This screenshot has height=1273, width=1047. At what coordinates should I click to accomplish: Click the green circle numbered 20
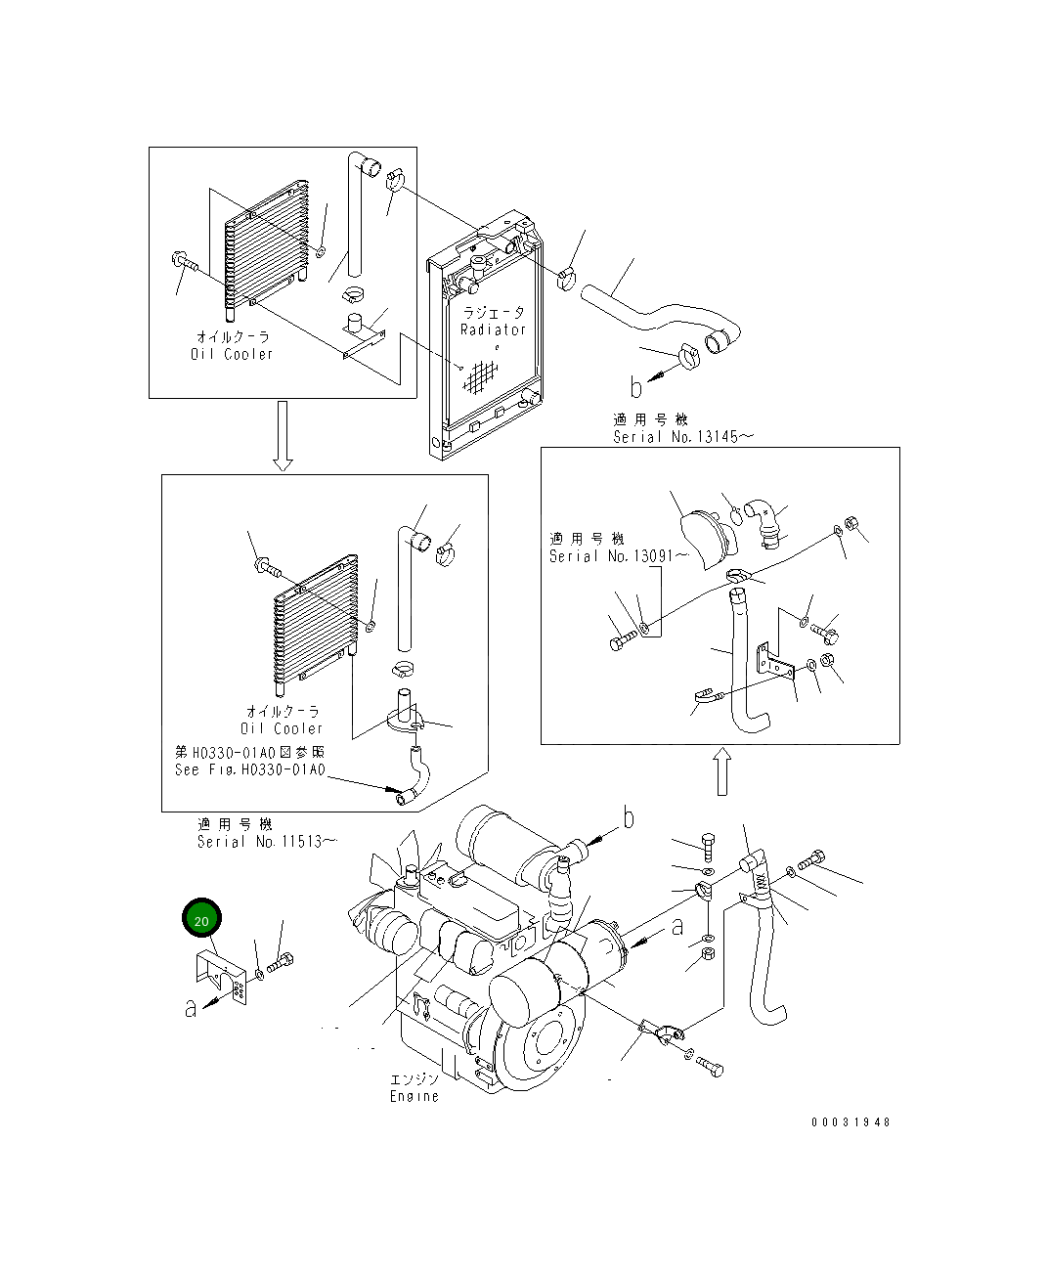click(x=201, y=919)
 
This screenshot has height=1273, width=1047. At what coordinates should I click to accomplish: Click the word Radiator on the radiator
click(x=493, y=329)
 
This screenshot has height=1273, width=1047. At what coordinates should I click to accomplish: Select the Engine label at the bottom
click(x=414, y=1096)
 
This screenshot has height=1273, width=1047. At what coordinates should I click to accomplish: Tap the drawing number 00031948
click(x=851, y=1122)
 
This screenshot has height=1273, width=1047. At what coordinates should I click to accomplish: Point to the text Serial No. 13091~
click(x=618, y=556)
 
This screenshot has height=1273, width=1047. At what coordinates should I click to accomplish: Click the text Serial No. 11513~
click(x=267, y=842)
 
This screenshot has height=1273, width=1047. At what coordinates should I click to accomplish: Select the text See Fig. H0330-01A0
click(x=249, y=769)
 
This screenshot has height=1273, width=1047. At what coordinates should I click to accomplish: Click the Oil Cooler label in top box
click(x=232, y=354)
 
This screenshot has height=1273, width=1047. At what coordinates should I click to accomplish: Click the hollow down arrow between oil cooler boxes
click(x=283, y=435)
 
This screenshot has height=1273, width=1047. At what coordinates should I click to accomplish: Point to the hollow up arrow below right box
click(x=721, y=772)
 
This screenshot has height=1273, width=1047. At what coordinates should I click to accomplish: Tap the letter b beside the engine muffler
click(x=629, y=818)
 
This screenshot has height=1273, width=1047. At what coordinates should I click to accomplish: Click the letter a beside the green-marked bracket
click(x=192, y=1007)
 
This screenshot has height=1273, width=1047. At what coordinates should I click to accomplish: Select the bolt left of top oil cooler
click(x=185, y=262)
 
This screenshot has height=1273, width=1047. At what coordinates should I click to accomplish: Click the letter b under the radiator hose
click(x=636, y=388)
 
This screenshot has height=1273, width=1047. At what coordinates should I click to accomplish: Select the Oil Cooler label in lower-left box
click(x=282, y=728)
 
